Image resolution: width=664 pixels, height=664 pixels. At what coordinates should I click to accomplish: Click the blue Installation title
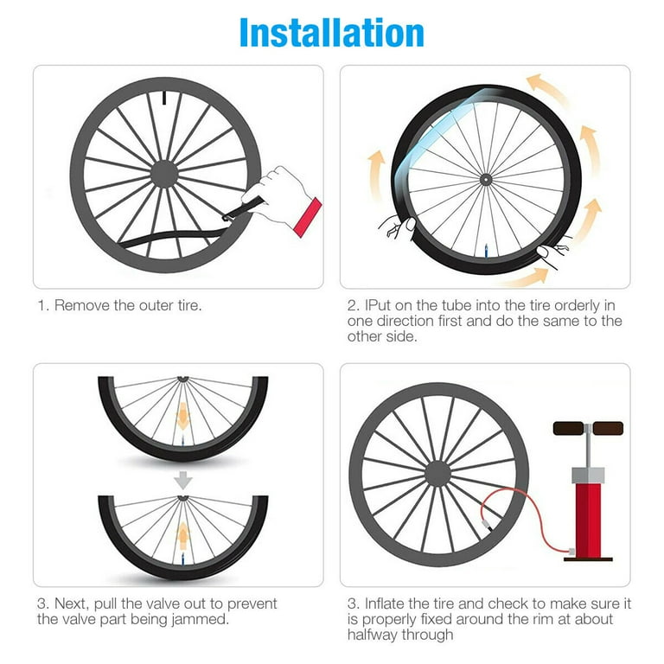pyautogui.click(x=331, y=32)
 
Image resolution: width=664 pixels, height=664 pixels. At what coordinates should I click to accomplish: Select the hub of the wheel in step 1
pyautogui.click(x=164, y=173)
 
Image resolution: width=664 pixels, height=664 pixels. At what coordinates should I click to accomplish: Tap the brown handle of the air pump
pyautogui.click(x=588, y=428)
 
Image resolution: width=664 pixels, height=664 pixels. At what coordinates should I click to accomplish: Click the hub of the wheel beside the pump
pyautogui.click(x=438, y=472)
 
